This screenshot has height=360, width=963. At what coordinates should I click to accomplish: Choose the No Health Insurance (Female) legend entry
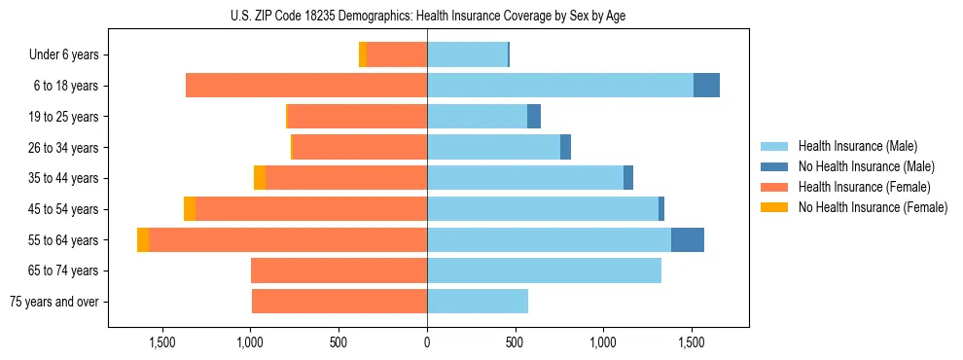coord(873,207)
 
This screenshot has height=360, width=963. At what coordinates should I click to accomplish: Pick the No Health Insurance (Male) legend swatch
coord(774,166)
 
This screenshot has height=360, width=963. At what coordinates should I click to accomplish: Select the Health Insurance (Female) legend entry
coord(864,187)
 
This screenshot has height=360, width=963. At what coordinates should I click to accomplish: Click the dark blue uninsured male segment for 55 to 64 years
coord(687,240)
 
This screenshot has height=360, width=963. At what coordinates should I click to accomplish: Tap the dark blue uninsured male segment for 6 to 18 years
coord(706,86)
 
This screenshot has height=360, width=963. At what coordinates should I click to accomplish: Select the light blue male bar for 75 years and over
coord(478,302)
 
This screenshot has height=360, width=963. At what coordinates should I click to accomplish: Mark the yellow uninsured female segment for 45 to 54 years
coord(190,209)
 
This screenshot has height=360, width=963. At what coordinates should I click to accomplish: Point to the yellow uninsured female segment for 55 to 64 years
coord(143,240)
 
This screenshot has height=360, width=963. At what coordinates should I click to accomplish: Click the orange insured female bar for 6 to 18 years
coord(306,86)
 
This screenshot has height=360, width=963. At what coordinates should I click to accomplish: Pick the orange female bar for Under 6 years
coord(397,54)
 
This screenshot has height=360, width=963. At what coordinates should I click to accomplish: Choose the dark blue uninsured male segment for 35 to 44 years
coord(628,178)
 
